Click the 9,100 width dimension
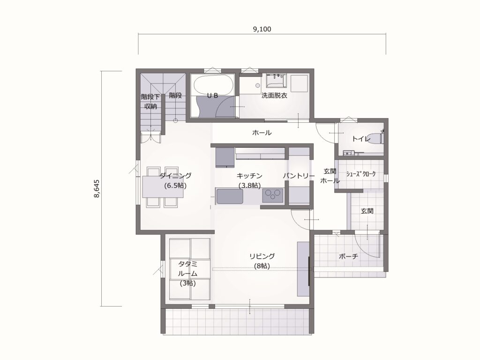(x=262, y=29)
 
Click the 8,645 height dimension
(x=97, y=188)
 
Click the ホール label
(x=262, y=133)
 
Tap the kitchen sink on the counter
(x=229, y=196)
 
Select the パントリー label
(x=299, y=175)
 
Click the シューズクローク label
(x=360, y=174)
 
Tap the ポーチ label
(x=348, y=256)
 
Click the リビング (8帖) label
(x=262, y=261)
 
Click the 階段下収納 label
(x=150, y=101)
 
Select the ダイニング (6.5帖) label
(x=175, y=180)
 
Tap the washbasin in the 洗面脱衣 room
(x=275, y=82)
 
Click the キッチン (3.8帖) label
(x=249, y=180)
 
